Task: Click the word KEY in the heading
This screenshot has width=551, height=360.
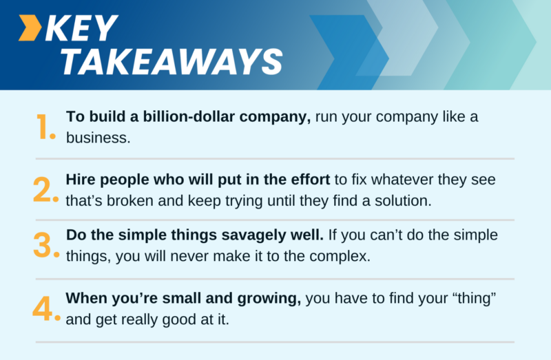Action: [83, 30]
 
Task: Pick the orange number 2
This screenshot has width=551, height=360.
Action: [46, 189]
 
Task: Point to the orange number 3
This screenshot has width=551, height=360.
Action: [46, 244]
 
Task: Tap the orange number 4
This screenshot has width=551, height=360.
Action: [46, 308]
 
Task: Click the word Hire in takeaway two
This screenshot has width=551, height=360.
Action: [81, 180]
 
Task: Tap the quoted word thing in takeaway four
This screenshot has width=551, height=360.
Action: [473, 299]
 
